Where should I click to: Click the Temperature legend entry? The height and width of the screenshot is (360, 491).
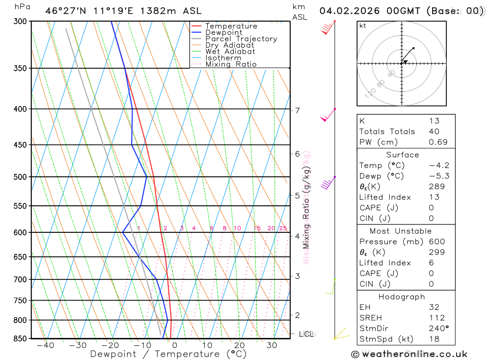(x=231, y=26)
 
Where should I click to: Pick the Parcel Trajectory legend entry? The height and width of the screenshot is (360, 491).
(x=241, y=39)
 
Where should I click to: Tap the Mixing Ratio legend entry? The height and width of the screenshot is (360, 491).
(x=231, y=64)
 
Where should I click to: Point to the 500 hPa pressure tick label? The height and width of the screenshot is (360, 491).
(x=20, y=177)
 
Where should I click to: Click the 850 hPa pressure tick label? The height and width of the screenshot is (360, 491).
(x=20, y=338)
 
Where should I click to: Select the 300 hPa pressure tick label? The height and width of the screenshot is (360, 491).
(x=20, y=22)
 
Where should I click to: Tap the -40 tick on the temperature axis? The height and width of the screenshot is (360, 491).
(x=45, y=345)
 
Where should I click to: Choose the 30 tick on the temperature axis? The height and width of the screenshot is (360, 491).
(x=272, y=345)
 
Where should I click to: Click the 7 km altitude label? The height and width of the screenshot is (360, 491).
(x=297, y=110)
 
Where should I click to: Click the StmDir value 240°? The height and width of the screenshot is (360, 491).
(x=438, y=329)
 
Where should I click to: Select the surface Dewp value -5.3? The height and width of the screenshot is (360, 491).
(x=439, y=176)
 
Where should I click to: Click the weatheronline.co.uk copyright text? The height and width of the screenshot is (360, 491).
(x=409, y=354)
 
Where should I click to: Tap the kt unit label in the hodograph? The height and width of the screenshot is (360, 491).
(x=363, y=26)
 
